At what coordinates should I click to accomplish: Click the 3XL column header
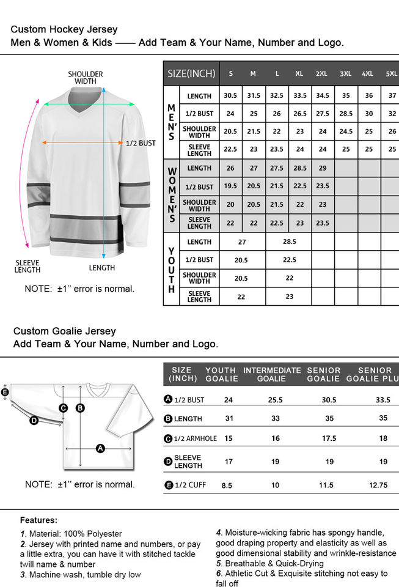[x=345, y=73]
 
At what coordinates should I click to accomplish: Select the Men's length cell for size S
[x=230, y=95]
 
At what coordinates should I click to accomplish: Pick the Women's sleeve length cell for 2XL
[x=323, y=223]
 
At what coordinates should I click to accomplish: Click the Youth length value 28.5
[x=289, y=242]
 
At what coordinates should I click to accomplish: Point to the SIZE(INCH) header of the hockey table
[x=191, y=73]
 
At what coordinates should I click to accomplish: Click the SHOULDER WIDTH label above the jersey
[x=86, y=78]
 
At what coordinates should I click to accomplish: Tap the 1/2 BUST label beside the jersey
[x=141, y=143]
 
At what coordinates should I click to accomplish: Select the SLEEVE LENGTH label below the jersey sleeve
[x=27, y=266]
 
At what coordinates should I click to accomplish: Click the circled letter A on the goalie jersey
[x=101, y=448]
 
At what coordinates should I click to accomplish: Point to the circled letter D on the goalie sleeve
[x=34, y=420]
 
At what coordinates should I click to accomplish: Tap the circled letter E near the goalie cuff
[x=5, y=393]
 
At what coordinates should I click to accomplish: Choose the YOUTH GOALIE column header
[x=221, y=374]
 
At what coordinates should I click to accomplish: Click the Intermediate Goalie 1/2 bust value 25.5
[x=276, y=400]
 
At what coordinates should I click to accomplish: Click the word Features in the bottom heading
[x=38, y=520]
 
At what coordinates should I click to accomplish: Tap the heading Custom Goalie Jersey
[x=65, y=331]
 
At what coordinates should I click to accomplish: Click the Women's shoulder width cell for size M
[x=253, y=205]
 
